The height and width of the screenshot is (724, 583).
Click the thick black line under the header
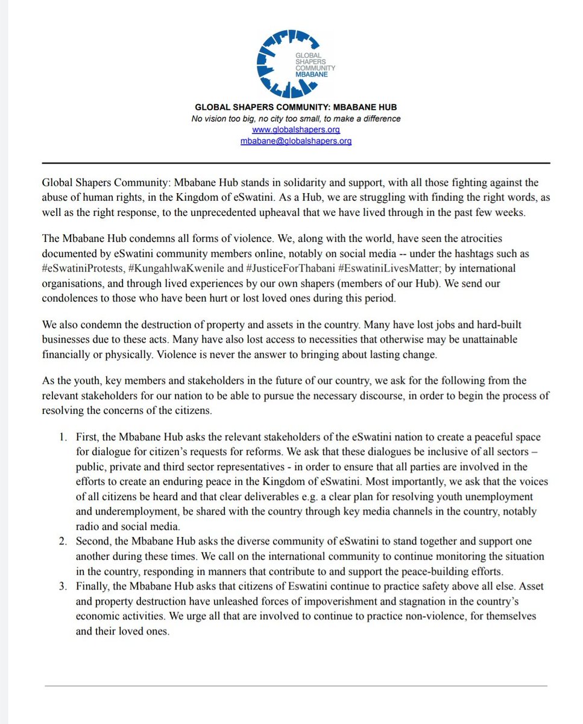(x=295, y=163)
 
